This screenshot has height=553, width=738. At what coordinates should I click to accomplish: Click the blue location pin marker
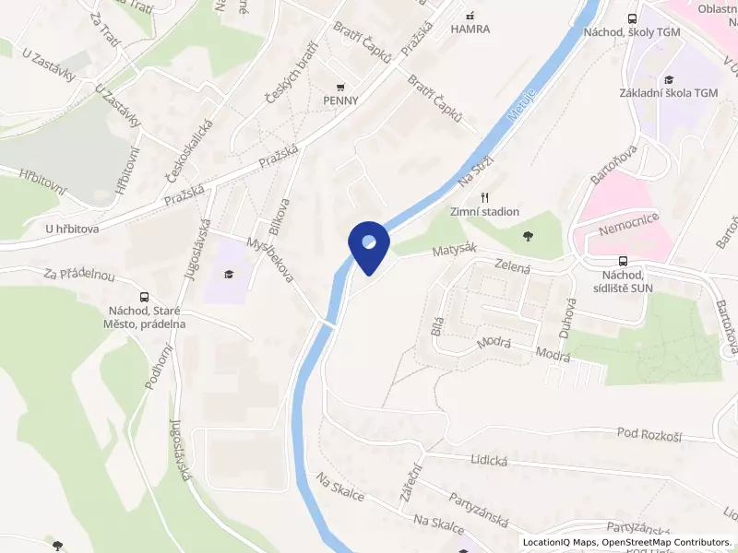coord(368,246)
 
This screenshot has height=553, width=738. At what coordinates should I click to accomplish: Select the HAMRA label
coord(470,29)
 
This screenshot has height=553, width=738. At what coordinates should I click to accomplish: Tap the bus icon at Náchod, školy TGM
coord(632,18)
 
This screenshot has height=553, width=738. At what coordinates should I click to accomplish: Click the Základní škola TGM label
coord(669,93)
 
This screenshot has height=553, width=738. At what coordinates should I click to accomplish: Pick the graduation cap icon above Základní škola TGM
coord(669,79)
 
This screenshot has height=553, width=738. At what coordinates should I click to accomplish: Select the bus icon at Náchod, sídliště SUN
coord(624,261)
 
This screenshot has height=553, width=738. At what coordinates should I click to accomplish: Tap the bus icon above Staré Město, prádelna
coord(144,297)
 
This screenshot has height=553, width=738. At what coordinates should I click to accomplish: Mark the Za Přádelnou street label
coord(78,275)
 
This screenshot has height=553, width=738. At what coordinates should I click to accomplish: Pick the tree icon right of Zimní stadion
coord(528,237)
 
